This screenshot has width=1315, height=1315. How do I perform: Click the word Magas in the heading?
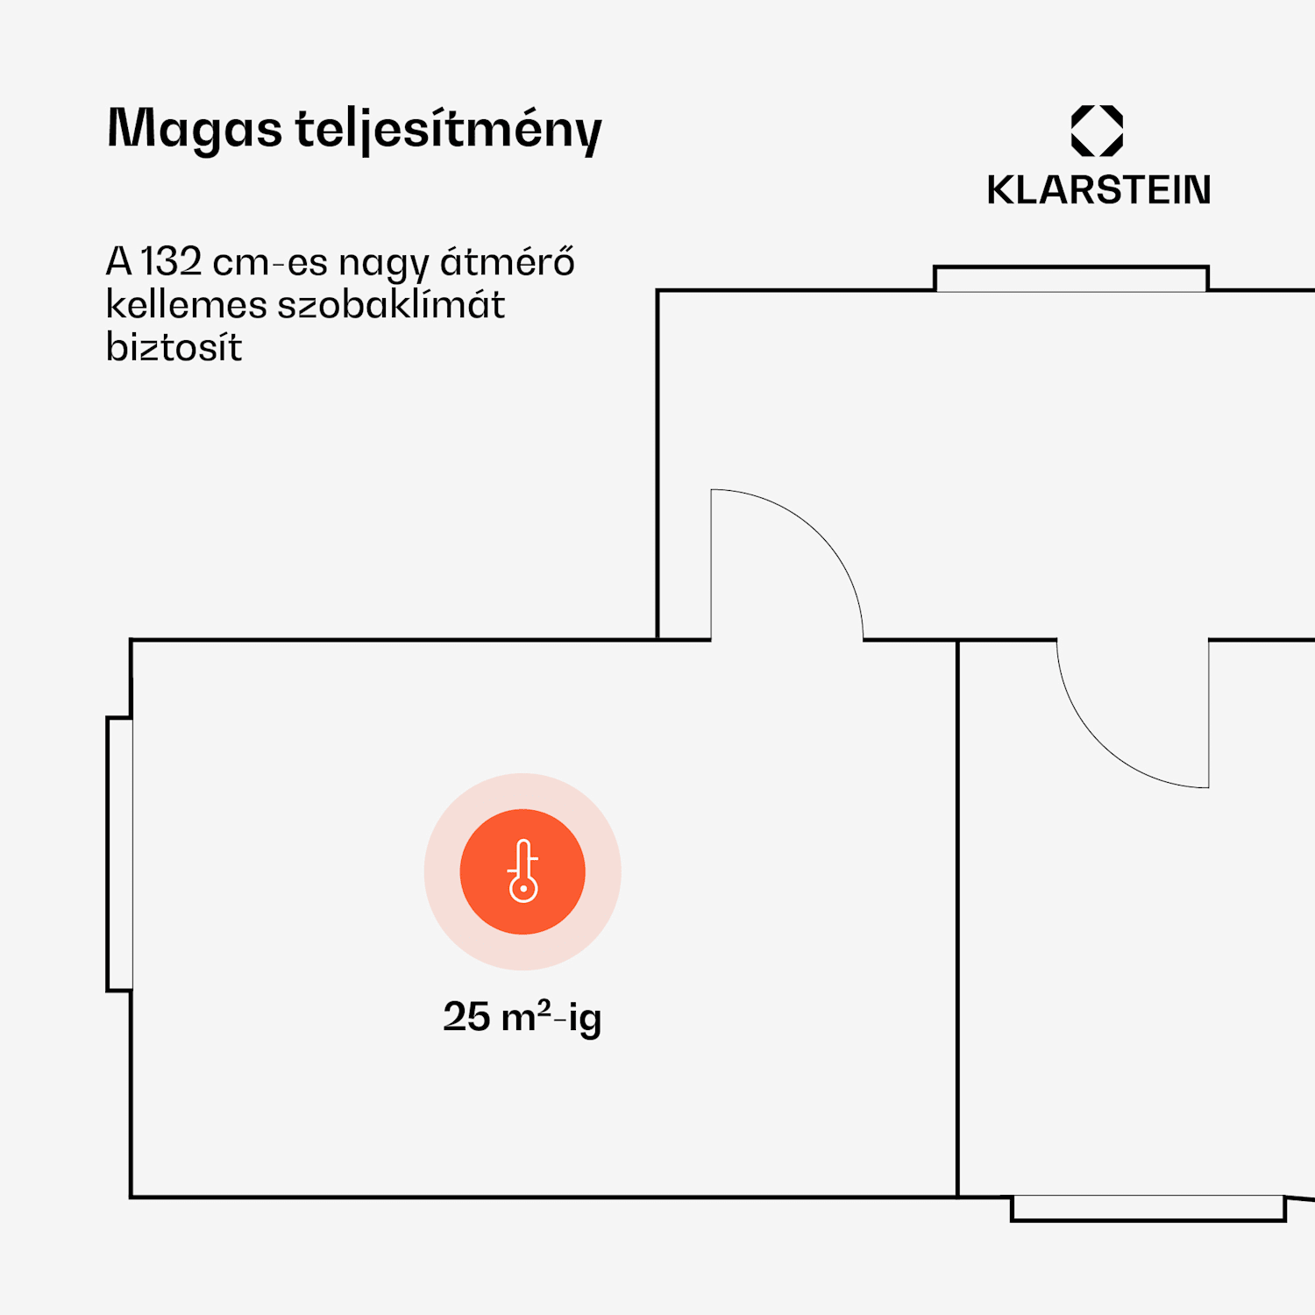195,129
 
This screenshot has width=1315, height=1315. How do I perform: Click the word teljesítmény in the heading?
448,131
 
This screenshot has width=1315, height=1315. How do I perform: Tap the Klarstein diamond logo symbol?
1097,131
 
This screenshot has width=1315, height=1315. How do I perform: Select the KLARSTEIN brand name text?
1098,190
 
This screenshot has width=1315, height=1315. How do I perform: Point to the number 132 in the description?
171,261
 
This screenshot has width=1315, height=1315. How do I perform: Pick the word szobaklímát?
391,305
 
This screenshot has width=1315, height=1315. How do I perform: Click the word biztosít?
174,347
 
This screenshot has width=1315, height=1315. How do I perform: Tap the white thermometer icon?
522,871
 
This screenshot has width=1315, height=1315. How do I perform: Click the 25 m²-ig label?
522,1017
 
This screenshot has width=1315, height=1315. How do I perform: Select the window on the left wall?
120,854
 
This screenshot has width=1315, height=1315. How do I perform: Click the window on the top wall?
1070,279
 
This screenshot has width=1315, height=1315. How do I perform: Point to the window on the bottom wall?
1148,1208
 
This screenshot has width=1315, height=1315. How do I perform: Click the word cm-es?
270,262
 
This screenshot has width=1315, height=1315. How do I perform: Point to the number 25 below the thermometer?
466,1017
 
